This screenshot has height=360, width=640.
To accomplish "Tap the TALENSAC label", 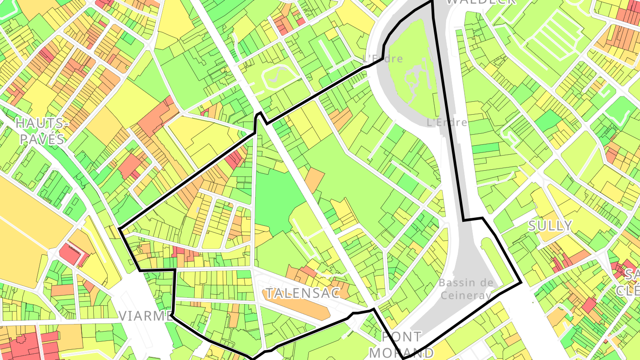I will [x=302, y=293].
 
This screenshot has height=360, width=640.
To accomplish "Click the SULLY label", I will [x=550, y=226].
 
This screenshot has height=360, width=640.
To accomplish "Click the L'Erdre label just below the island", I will [x=446, y=122].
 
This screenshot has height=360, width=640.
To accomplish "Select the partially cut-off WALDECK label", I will [x=480, y=2].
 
